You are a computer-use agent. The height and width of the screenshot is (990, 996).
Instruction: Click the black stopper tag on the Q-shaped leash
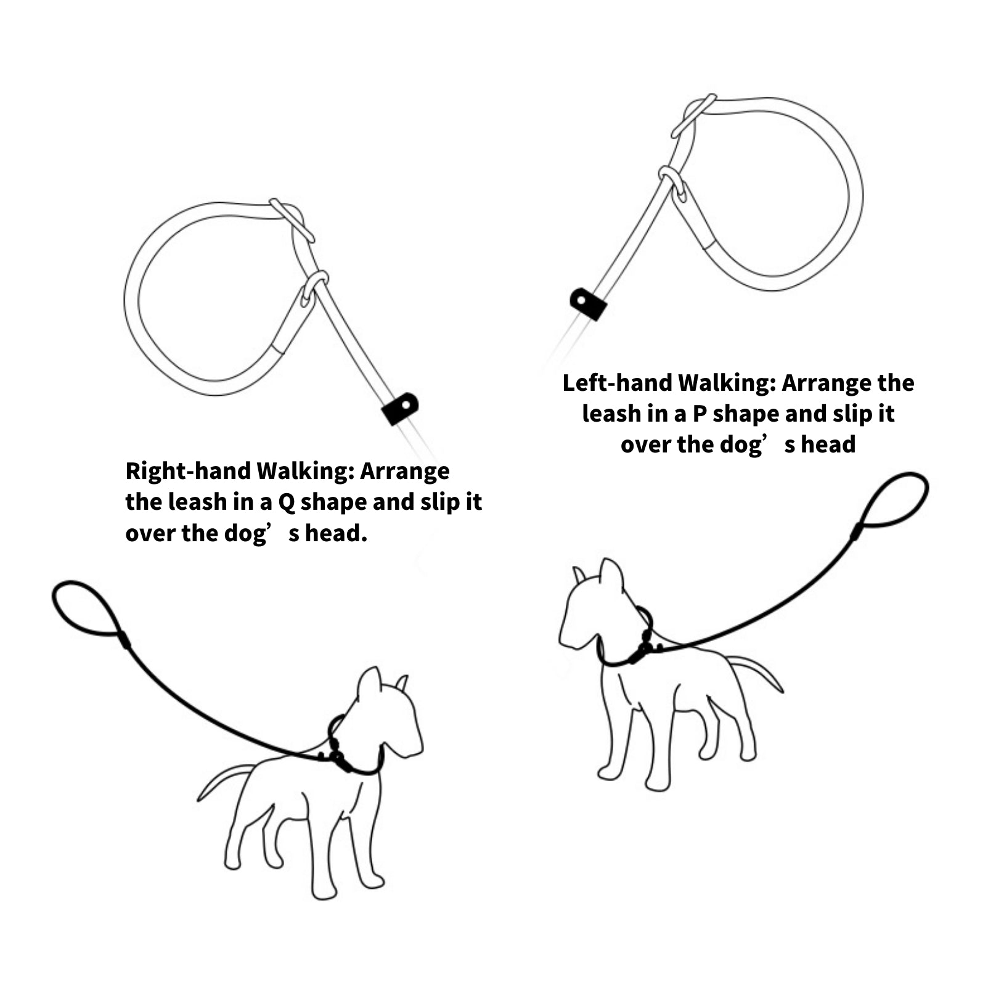pyautogui.click(x=400, y=409)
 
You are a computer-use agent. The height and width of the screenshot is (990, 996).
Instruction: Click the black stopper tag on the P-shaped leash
pyautogui.click(x=588, y=303)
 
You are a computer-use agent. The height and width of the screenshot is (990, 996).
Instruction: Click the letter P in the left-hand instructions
pyautogui.click(x=699, y=414)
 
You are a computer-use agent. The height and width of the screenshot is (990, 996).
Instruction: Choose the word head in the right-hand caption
pyautogui.click(x=336, y=533)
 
